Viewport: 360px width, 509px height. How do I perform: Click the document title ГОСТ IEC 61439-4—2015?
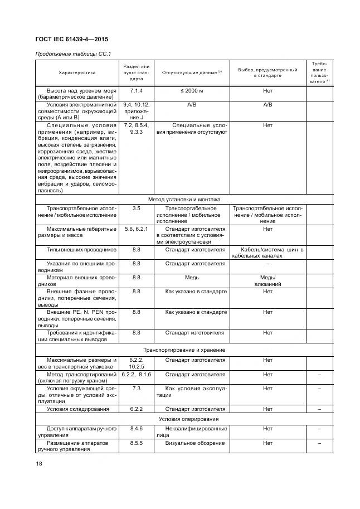(72, 40)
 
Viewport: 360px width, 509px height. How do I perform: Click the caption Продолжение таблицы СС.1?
(74, 54)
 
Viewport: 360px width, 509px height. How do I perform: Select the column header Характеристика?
(77, 72)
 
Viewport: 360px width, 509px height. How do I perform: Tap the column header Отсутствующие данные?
(191, 72)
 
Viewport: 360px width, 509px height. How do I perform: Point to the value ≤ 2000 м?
(192, 90)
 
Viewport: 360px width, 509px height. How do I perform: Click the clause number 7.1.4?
(136, 90)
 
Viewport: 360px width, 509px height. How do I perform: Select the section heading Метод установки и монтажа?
(184, 199)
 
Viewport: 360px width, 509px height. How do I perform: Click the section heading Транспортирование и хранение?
(184, 350)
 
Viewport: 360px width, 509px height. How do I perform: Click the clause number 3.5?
(136, 209)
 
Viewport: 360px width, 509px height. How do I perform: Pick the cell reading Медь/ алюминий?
(267, 280)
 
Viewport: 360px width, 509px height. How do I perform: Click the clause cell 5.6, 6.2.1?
(136, 229)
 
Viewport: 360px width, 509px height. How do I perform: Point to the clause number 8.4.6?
(136, 428)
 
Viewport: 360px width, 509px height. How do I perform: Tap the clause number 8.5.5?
(136, 443)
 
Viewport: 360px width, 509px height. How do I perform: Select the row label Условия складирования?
(77, 409)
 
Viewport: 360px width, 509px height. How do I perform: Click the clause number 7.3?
(136, 388)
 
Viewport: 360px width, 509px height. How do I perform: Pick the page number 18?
(38, 463)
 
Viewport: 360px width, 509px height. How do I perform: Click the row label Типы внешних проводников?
(81, 250)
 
